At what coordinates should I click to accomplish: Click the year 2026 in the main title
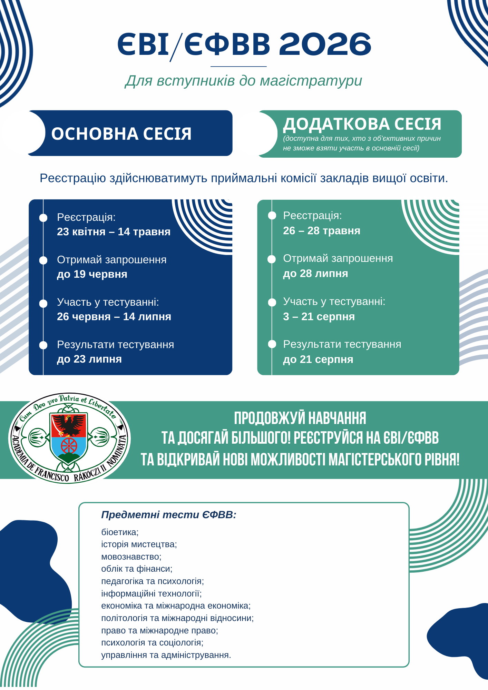pos(325,44)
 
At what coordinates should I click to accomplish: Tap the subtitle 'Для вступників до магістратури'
pos(243,81)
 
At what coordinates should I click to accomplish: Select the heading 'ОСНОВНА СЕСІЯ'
pos(121,134)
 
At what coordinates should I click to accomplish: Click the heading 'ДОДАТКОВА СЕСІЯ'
pos(362,124)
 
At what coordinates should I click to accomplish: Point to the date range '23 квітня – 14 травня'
pos(114,232)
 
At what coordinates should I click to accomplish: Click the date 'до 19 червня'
pos(92,274)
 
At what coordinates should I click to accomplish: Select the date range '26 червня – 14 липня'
pos(114,317)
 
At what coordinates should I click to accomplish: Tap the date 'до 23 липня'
pos(89,359)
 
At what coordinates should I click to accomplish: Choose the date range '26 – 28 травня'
pos(321,231)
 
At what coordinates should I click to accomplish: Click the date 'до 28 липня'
pos(315,274)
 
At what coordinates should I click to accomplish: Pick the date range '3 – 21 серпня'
pos(319,317)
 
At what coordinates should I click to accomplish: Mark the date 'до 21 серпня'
pos(318,359)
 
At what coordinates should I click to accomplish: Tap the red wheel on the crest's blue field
pos(69,446)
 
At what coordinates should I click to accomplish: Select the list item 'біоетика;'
pos(120,532)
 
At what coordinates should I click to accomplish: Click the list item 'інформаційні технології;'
pos(151,594)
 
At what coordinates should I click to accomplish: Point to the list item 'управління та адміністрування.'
pos(166,655)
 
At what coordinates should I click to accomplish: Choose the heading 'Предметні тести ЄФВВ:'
pos(169,515)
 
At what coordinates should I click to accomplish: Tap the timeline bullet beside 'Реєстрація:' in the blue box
pos(43,218)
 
